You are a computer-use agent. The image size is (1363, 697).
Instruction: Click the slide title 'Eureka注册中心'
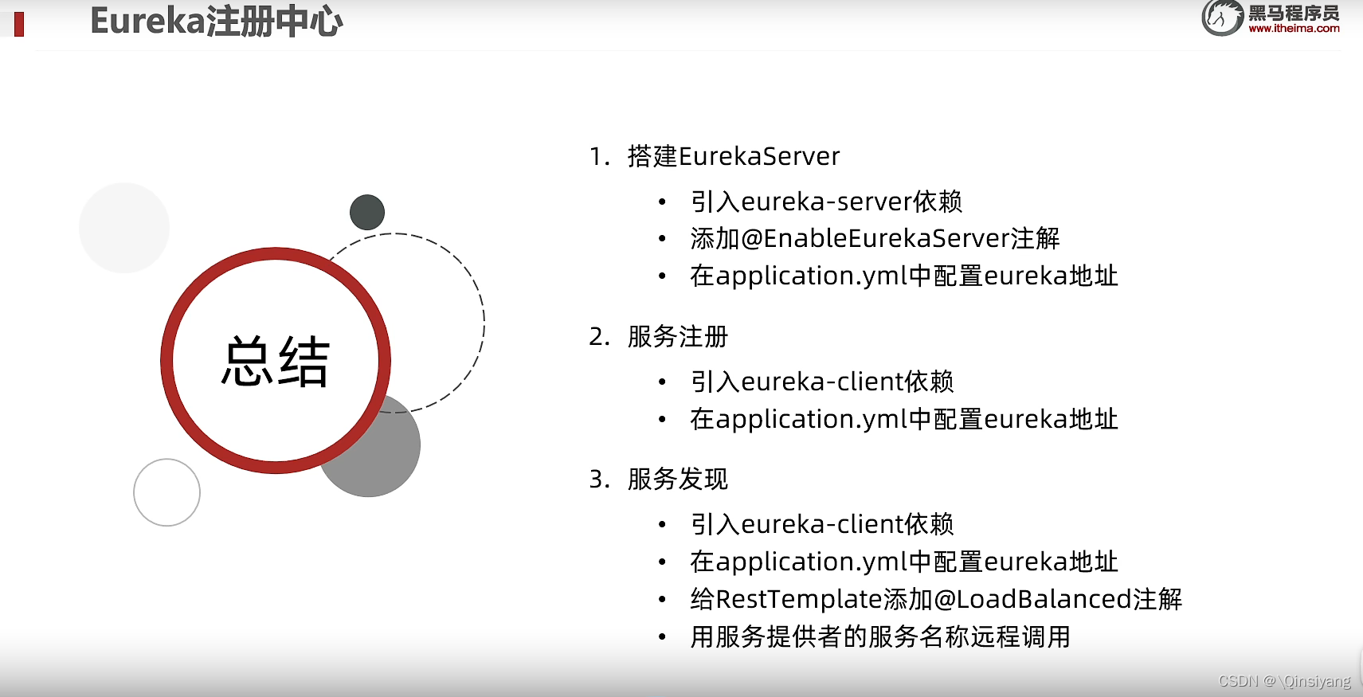click(x=217, y=21)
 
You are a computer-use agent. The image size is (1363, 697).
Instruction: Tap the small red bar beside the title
click(x=19, y=24)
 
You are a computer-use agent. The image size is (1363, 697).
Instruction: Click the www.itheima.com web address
click(x=1294, y=29)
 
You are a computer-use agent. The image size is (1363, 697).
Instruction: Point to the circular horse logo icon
click(x=1222, y=18)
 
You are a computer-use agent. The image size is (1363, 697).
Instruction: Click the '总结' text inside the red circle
click(x=275, y=362)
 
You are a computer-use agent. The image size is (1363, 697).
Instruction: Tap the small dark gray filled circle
click(x=367, y=212)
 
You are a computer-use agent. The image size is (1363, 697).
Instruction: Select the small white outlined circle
click(x=166, y=492)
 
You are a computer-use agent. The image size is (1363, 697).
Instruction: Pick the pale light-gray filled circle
click(x=124, y=228)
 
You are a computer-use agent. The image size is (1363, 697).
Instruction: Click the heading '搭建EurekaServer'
click(x=733, y=156)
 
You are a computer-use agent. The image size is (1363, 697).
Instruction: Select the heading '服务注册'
click(x=677, y=336)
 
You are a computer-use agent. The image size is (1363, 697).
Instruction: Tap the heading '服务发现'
click(x=677, y=479)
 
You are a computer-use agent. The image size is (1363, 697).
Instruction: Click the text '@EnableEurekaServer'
click(x=875, y=238)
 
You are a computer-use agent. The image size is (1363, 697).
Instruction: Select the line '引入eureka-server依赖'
click(x=826, y=202)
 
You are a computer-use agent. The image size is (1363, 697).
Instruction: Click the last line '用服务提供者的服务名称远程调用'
click(x=880, y=636)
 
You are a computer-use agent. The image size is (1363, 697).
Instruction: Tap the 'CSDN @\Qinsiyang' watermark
click(x=1284, y=681)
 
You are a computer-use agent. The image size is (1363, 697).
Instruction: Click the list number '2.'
click(x=599, y=337)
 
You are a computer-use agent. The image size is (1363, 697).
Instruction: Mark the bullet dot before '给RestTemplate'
click(x=662, y=600)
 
